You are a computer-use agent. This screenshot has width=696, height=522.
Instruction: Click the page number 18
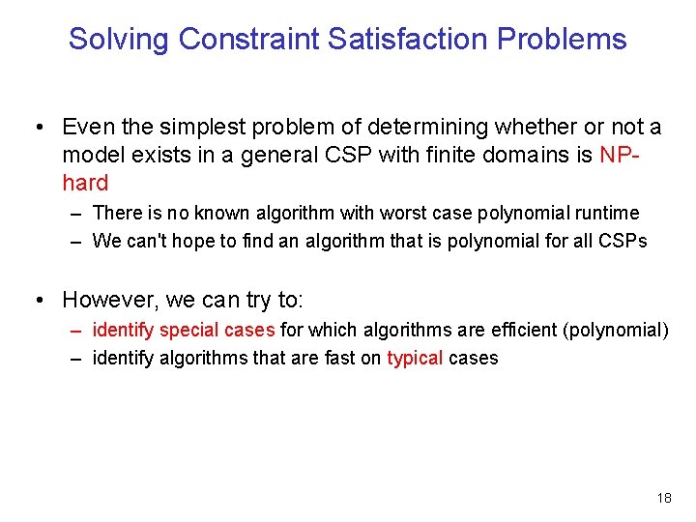click(x=663, y=498)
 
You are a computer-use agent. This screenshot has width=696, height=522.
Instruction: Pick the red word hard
click(x=85, y=183)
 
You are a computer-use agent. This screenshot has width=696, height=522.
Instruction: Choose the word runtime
click(x=606, y=213)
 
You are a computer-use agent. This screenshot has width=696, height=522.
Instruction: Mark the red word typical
click(x=415, y=358)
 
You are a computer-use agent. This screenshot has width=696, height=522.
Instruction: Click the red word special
click(x=189, y=330)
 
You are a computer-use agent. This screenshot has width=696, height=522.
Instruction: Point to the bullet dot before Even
click(x=39, y=128)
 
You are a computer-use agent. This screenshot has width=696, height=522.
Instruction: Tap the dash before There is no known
click(x=75, y=213)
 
